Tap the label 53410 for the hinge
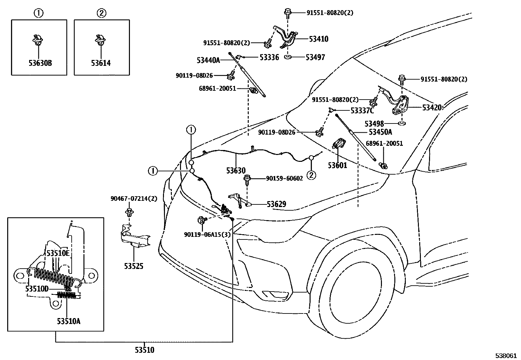coord(318,39)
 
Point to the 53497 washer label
coord(315,57)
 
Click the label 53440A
coord(208,60)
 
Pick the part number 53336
coord(269,57)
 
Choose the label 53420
coord(432,107)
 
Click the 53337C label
coord(362,111)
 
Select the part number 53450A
coord(380,132)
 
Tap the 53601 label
coord(337,165)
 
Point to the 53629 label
coord(276,204)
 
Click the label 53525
coord(134,266)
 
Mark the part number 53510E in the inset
coord(58,253)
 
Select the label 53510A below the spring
coord(68,321)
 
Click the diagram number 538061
coord(507,355)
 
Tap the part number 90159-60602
coord(284,178)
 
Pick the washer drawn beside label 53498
coord(402,124)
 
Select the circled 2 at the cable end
coord(311,175)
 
